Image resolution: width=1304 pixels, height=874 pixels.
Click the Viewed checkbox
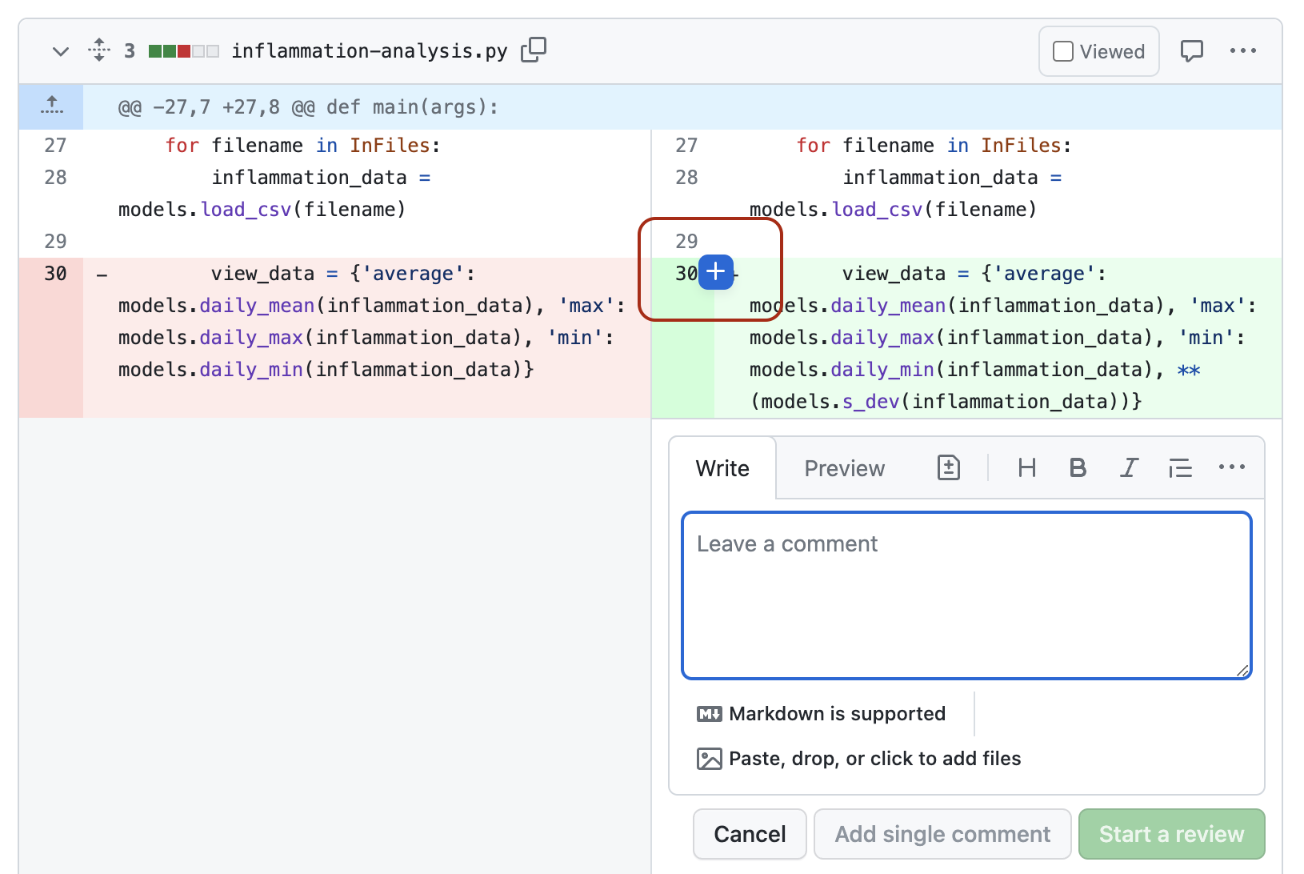1063,52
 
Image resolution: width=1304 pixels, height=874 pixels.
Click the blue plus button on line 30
716,272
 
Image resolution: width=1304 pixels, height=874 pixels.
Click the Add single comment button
942,834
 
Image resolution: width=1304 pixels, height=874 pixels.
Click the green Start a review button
1171,834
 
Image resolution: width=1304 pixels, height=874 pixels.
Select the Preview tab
844,468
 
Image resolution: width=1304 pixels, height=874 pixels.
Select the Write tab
722,468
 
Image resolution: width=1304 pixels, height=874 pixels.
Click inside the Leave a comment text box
966,596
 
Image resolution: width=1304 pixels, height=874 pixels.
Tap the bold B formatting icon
1078,468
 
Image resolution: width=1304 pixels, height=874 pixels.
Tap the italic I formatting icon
1129,468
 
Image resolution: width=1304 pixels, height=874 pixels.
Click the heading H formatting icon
1027,468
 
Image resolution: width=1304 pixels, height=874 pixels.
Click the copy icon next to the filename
534,50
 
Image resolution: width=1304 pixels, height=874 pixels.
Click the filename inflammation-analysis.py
369,51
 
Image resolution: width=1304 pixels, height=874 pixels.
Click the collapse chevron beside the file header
61,51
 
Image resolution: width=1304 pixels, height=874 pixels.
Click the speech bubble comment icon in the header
1192,51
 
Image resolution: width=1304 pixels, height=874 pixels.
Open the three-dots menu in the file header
1243,50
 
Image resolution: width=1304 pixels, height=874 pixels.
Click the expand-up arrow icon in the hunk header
52,106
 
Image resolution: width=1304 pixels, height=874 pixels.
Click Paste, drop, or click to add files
874,758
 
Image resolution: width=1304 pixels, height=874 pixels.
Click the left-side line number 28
55,178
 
